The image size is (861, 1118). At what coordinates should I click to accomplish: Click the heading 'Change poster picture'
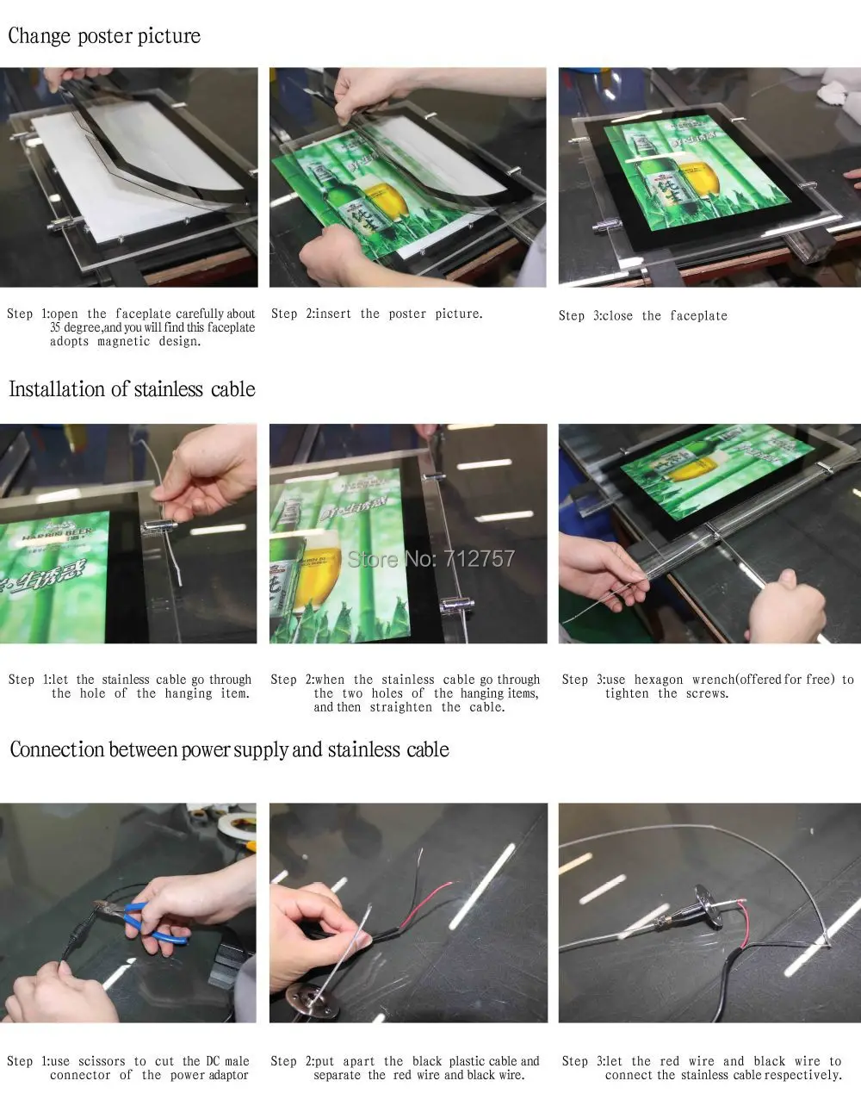104,36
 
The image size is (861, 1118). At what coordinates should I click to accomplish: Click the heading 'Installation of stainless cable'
133,389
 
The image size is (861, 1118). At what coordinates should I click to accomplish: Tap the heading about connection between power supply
229,749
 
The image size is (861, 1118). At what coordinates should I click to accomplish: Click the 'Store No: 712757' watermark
431,559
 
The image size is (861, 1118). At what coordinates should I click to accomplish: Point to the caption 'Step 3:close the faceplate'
643,316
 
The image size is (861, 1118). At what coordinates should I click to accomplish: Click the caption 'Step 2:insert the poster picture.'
377,314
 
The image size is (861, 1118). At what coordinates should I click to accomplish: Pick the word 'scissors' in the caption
102,1061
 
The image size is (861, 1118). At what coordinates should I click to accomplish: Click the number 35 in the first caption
55,327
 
